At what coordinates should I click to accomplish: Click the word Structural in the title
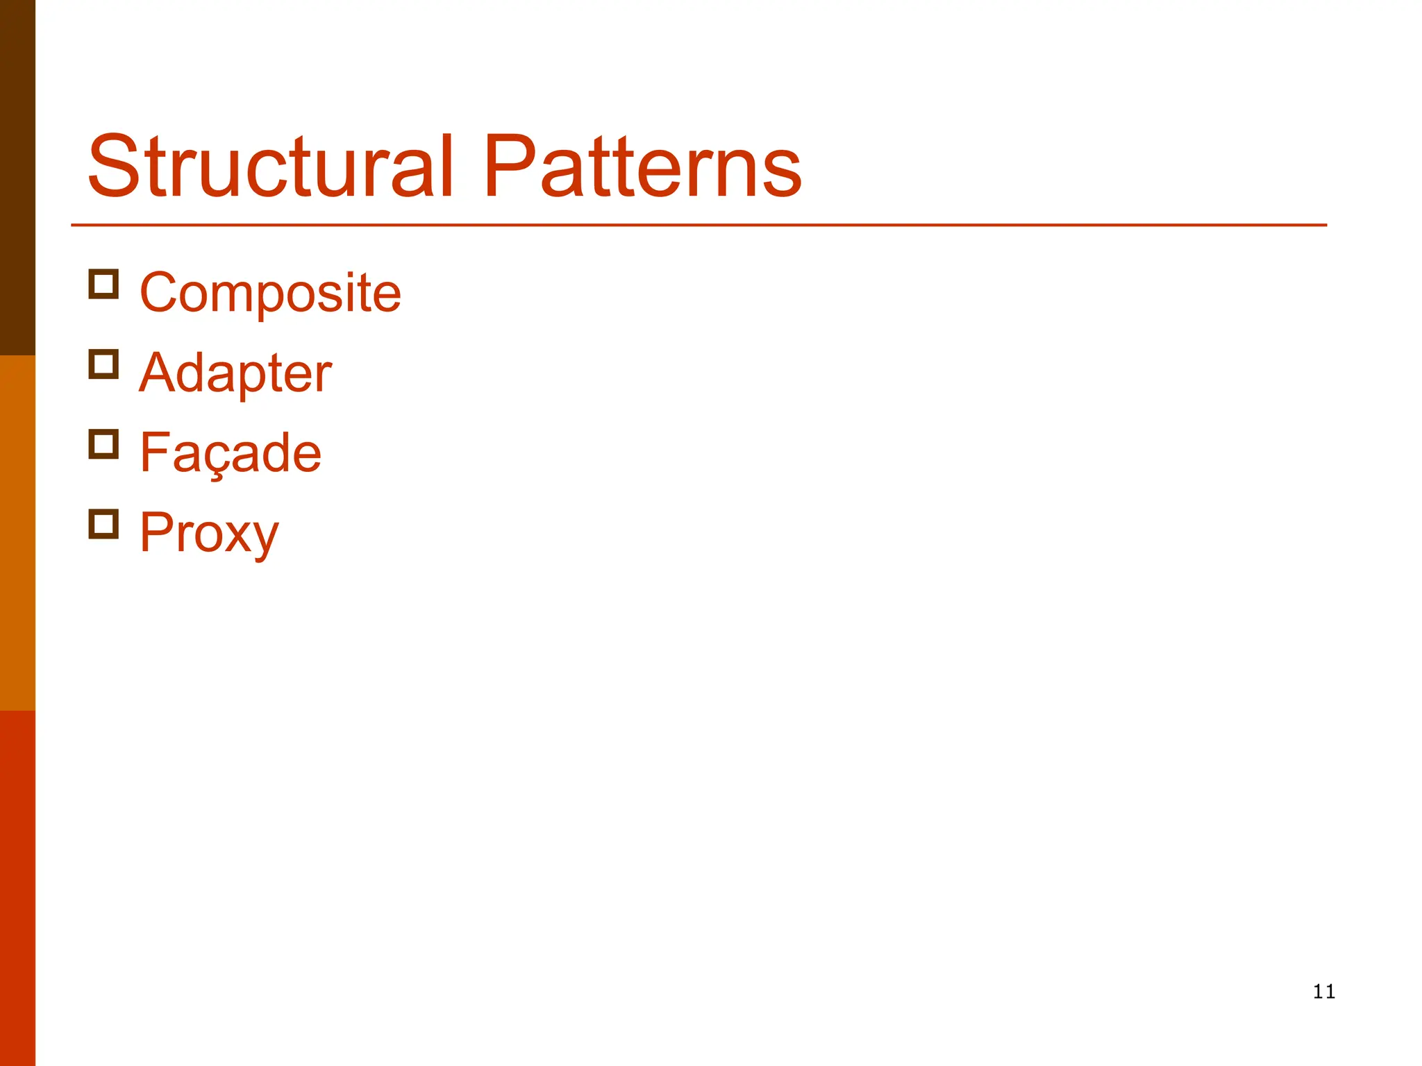[271, 167]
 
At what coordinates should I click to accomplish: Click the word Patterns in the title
[642, 167]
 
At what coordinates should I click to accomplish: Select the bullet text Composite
[270, 294]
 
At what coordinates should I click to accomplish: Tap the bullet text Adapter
[235, 373]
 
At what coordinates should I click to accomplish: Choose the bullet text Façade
[231, 453]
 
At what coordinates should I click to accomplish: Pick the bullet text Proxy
[209, 533]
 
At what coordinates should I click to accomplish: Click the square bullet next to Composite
[103, 285]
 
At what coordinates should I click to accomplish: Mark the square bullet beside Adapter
[103, 364]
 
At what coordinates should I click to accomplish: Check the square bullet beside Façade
[103, 444]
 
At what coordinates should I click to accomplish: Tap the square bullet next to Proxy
[103, 524]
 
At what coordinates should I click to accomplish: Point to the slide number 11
[1324, 992]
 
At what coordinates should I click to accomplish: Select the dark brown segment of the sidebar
[17, 178]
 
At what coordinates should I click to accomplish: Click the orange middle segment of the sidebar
[17, 533]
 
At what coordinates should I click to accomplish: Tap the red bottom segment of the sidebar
[17, 888]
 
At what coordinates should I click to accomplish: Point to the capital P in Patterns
[508, 167]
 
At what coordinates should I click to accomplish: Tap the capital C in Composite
[160, 293]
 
